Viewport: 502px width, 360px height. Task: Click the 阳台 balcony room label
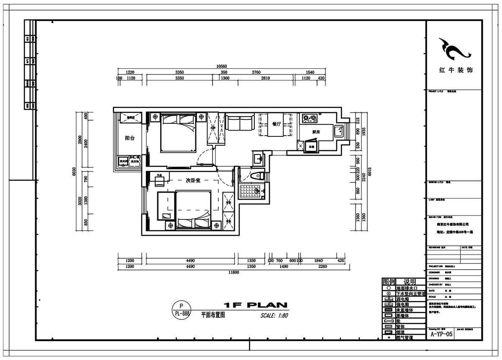pyautogui.click(x=129, y=138)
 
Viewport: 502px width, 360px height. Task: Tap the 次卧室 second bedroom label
pyautogui.click(x=193, y=181)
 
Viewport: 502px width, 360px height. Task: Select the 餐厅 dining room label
pyautogui.click(x=276, y=124)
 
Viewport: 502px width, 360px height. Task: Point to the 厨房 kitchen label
pyautogui.click(x=316, y=132)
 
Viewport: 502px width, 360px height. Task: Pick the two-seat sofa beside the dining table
pyautogui.click(x=240, y=122)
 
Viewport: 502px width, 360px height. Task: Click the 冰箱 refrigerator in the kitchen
pyautogui.click(x=311, y=147)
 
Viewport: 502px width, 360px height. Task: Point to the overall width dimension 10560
pyautogui.click(x=221, y=66)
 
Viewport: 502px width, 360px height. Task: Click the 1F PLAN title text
pyautogui.click(x=255, y=304)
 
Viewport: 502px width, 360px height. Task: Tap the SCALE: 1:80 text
pyautogui.click(x=274, y=316)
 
